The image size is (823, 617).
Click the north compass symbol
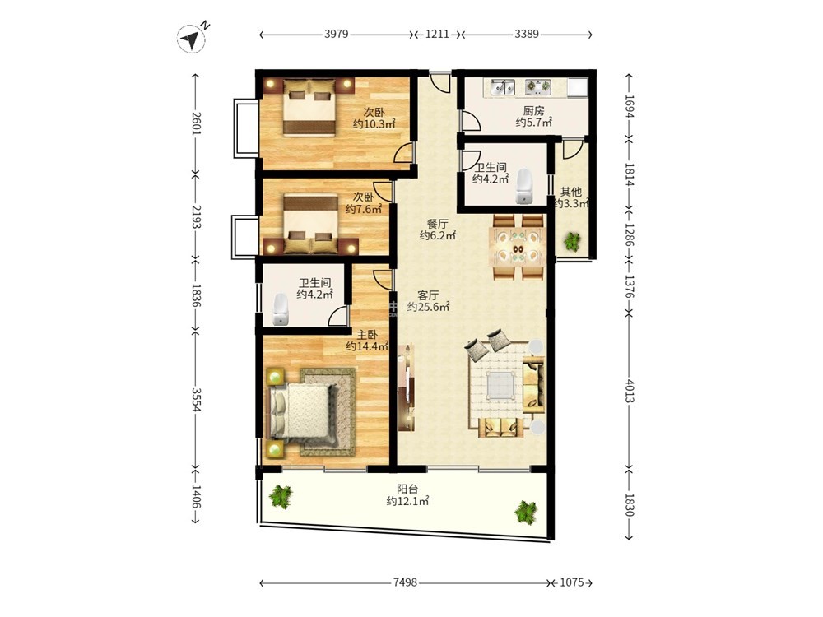coord(191,39)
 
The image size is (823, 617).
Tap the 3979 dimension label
coord(337,34)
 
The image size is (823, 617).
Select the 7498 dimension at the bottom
coord(405,582)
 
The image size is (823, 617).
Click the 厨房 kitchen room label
coord(533,111)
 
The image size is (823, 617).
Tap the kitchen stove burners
coord(538,86)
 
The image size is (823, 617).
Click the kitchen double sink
coord(503,86)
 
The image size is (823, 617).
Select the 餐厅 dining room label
coord(437,224)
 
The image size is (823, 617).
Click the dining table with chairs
coord(518,247)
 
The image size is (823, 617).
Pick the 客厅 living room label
coord(428,296)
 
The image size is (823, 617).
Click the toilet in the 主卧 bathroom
coord(281,309)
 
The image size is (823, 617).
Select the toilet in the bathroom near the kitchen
coord(524,186)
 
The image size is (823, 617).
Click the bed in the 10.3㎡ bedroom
coord(309,107)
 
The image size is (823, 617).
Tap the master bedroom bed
coord(302,411)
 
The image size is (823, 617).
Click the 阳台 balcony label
coord(407,489)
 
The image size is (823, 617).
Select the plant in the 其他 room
coord(572,241)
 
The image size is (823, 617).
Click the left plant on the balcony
coord(281,496)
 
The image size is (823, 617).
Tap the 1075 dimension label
coord(572,582)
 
